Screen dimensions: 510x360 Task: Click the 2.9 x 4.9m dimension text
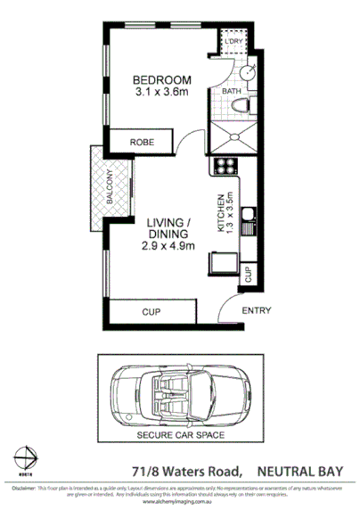[168, 246]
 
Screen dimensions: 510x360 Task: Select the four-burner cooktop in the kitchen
[223, 165]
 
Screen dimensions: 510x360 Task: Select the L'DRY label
[234, 43]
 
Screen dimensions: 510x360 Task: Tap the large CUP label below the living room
[151, 312]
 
